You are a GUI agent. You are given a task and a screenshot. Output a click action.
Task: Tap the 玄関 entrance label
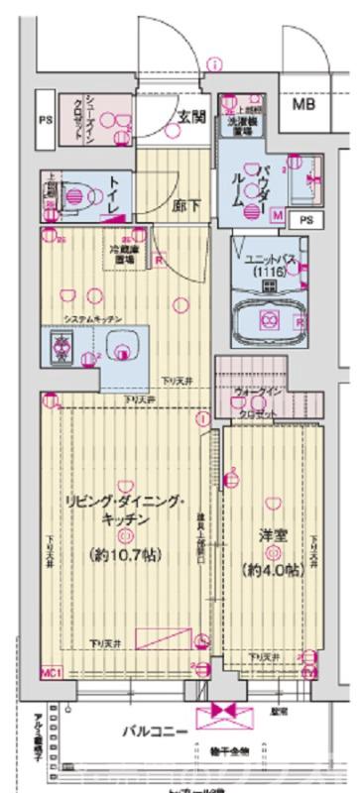click(190, 115)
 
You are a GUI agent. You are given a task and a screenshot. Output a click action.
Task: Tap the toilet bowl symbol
click(75, 193)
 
